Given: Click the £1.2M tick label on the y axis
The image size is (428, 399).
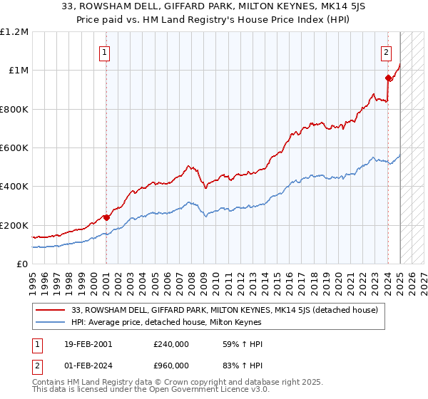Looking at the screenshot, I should pyautogui.click(x=14, y=31).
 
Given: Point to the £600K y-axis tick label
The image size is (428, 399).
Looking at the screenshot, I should pyautogui.click(x=14, y=148).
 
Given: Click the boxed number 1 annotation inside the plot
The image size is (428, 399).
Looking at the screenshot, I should pyautogui.click(x=105, y=52).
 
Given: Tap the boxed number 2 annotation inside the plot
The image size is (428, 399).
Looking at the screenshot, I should pyautogui.click(x=386, y=52).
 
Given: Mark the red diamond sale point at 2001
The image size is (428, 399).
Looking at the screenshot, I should pyautogui.click(x=106, y=217).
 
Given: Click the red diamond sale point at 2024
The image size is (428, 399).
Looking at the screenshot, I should pyautogui.click(x=387, y=78).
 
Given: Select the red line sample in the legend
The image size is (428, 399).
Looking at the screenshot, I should pyautogui.click(x=51, y=310).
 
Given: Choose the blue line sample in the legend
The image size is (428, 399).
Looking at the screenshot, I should pyautogui.click(x=51, y=322).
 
